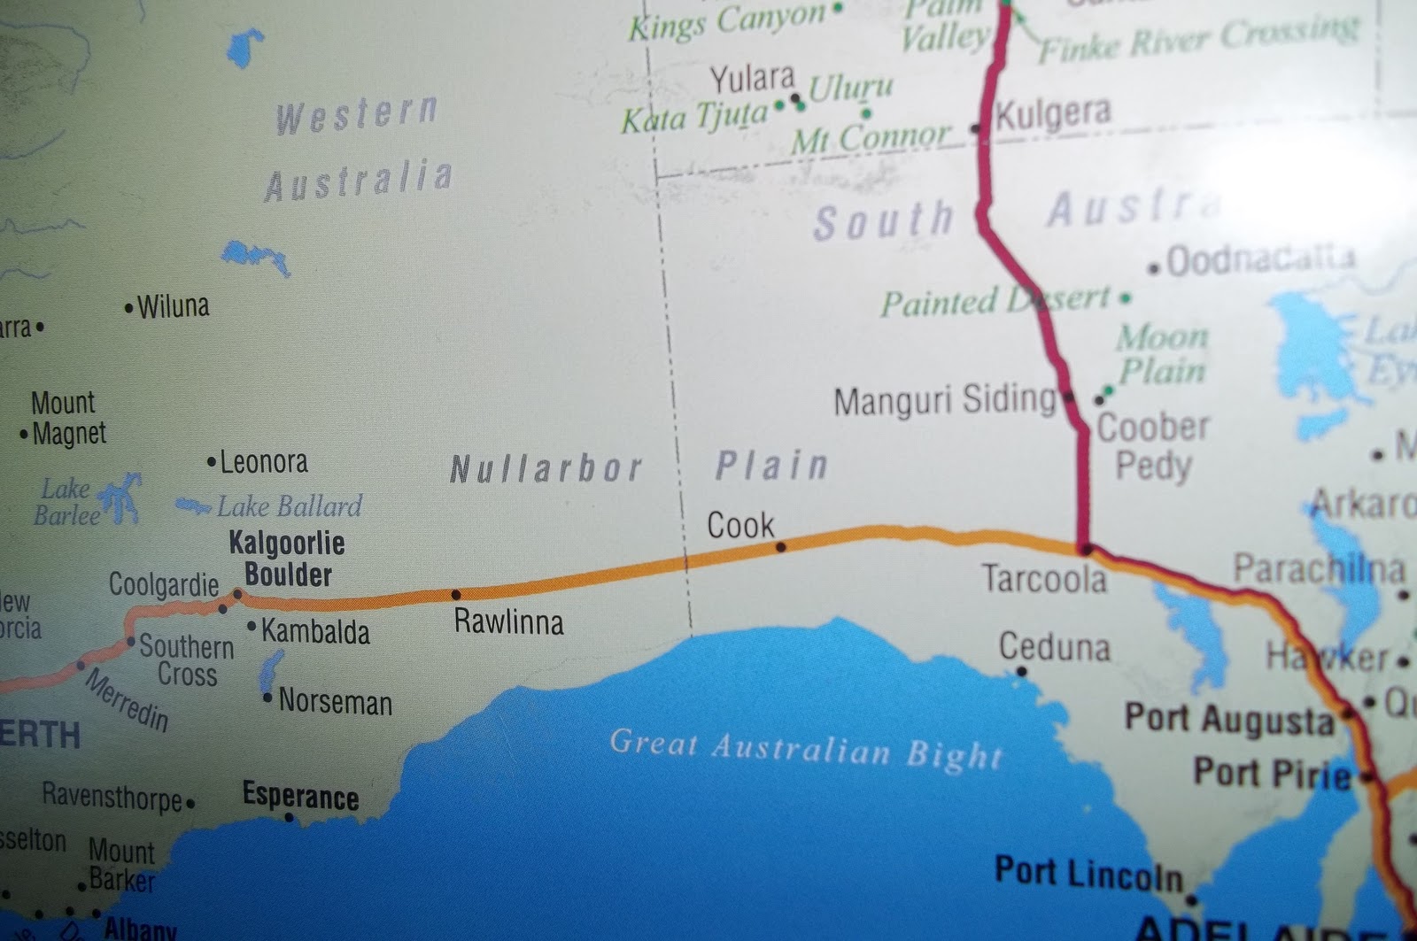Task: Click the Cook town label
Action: tap(740, 526)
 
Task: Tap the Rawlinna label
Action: tap(508, 622)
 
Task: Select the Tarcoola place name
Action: tap(1044, 580)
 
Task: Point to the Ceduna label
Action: tap(1054, 647)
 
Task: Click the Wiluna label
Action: tap(174, 307)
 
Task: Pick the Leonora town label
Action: tap(263, 462)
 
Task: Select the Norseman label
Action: tap(335, 702)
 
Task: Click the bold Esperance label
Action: tap(300, 796)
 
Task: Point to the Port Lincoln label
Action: tap(1088, 874)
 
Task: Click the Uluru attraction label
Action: tap(851, 88)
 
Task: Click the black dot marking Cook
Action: tap(780, 547)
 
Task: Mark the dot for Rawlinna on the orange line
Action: tap(456, 595)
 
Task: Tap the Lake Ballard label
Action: tap(290, 506)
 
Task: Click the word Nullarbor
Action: tap(546, 469)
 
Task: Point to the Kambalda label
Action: tap(315, 632)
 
